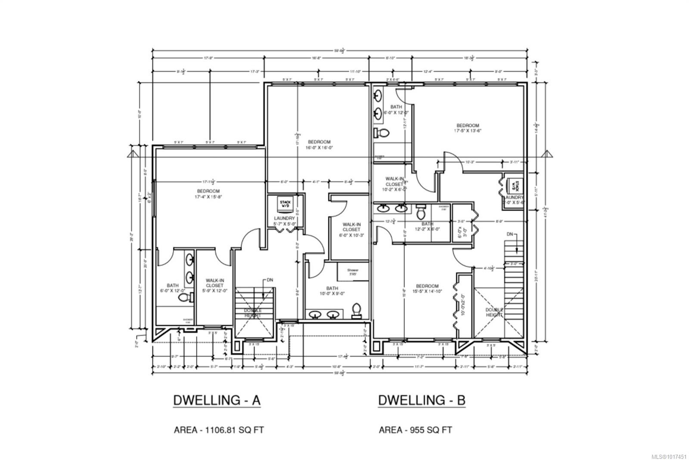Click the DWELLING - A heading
pyautogui.click(x=217, y=400)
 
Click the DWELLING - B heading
pyautogui.click(x=422, y=400)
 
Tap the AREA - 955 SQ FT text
pyautogui.click(x=415, y=429)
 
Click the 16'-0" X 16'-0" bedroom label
pyautogui.click(x=319, y=145)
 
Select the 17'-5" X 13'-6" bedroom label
pyautogui.click(x=468, y=128)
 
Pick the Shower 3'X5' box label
pyautogui.click(x=353, y=272)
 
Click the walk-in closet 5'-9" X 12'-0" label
pyautogui.click(x=214, y=285)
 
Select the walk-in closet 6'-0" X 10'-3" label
pyautogui.click(x=352, y=230)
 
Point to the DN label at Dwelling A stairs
pyautogui.click(x=270, y=280)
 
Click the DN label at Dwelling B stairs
pyautogui.click(x=510, y=234)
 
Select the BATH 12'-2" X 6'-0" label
pyautogui.click(x=427, y=227)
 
